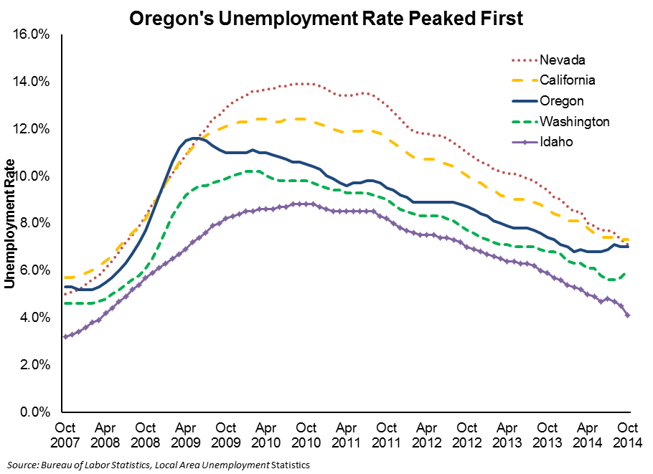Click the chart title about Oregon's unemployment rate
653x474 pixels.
pyautogui.click(x=326, y=19)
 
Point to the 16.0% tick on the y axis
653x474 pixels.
pyautogui.click(x=32, y=34)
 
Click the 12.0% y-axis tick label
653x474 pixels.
pyautogui.click(x=32, y=129)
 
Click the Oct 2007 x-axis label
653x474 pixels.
pyautogui.click(x=65, y=435)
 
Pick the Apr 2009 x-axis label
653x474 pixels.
pyautogui.click(x=186, y=435)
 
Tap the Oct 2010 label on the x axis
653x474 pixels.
pyautogui.click(x=306, y=435)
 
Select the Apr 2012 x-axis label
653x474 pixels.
pyautogui.click(x=427, y=435)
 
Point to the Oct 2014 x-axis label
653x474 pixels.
pyautogui.click(x=628, y=435)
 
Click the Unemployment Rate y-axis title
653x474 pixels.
pyautogui.click(x=9, y=224)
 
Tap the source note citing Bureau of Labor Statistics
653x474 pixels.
pyautogui.click(x=159, y=465)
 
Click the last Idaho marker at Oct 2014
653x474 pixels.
pyautogui.click(x=628, y=316)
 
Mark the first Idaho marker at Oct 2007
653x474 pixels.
pyautogui.click(x=65, y=336)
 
